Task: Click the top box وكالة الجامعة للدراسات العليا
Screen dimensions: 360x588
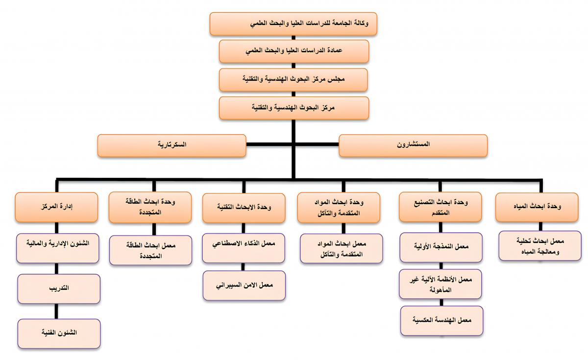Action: (x=293, y=24)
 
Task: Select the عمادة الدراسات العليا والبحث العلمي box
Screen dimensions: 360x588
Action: (x=293, y=51)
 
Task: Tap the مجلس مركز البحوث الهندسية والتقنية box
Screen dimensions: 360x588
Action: (x=293, y=79)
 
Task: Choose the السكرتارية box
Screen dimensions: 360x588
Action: (x=171, y=145)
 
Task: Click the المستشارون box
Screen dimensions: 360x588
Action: (x=413, y=145)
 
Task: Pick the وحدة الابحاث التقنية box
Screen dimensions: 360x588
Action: (x=244, y=207)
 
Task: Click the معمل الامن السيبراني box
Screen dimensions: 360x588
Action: (x=244, y=285)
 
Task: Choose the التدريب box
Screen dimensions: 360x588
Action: (x=59, y=288)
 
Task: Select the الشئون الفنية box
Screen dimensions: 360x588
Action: (x=59, y=333)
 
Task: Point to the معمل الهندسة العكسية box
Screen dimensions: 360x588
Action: (x=441, y=320)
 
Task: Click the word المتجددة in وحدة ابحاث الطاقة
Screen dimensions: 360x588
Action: (x=150, y=213)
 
